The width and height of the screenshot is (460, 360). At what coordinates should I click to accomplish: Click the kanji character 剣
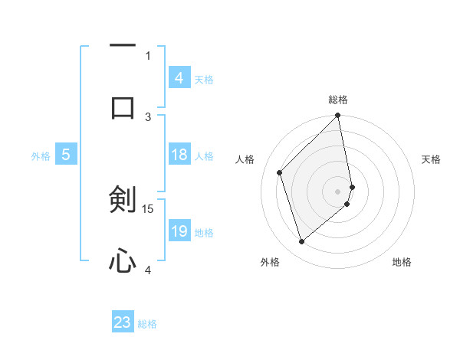(x=123, y=200)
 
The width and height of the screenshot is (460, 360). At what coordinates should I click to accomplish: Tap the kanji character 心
(x=123, y=263)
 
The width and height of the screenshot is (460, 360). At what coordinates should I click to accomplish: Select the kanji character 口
(x=123, y=107)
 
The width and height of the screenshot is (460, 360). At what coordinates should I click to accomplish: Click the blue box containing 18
(x=179, y=155)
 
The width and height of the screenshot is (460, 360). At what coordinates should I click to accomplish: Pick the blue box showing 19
(x=179, y=231)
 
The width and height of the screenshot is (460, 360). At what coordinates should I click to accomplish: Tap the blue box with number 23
(x=123, y=322)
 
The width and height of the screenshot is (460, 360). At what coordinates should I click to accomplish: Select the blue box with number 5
(x=66, y=155)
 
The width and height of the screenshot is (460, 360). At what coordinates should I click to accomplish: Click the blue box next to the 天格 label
(x=179, y=78)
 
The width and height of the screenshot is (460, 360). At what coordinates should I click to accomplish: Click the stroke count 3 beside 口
(x=149, y=116)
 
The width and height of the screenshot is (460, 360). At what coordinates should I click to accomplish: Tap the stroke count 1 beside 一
(x=149, y=55)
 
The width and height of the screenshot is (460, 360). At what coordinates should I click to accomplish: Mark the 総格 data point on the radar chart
(x=338, y=116)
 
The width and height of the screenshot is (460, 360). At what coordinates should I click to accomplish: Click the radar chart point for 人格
(x=280, y=172)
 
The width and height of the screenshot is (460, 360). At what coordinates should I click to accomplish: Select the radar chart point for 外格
(x=302, y=242)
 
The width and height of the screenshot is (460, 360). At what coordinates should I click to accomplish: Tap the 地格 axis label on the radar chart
(x=402, y=263)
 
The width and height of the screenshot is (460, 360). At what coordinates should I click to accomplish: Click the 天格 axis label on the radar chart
(x=431, y=159)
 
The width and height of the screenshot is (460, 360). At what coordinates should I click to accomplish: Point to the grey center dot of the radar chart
(x=338, y=191)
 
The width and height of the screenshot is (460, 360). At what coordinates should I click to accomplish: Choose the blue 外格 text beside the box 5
(x=41, y=156)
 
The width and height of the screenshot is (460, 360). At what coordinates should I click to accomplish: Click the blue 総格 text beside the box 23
(x=147, y=323)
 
